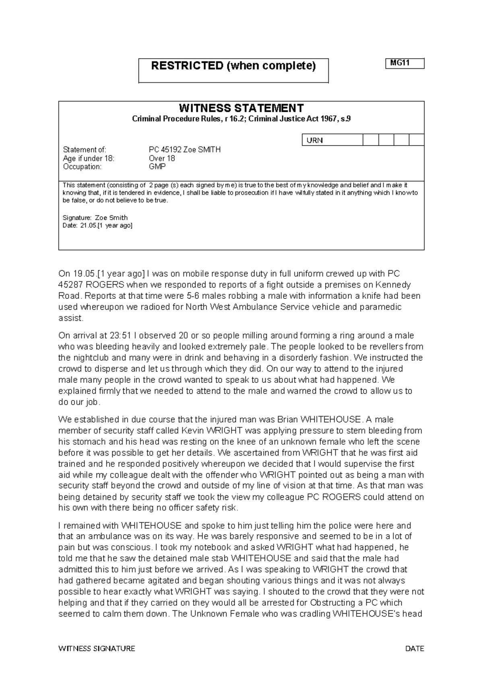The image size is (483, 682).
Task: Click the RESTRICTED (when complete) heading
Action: [233, 66]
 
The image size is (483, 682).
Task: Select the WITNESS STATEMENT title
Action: [241, 108]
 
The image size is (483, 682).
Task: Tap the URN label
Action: [315, 140]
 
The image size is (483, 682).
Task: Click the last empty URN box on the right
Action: [417, 140]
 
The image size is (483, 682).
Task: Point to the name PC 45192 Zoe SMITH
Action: [185, 150]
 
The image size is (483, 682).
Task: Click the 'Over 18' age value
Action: [162, 158]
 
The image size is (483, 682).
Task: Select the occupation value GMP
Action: [157, 166]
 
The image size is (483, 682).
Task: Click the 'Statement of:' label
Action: [85, 150]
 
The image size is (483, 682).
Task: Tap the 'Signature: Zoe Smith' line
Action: [95, 218]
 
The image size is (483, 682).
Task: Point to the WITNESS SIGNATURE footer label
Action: [97, 649]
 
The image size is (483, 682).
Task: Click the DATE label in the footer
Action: [415, 649]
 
